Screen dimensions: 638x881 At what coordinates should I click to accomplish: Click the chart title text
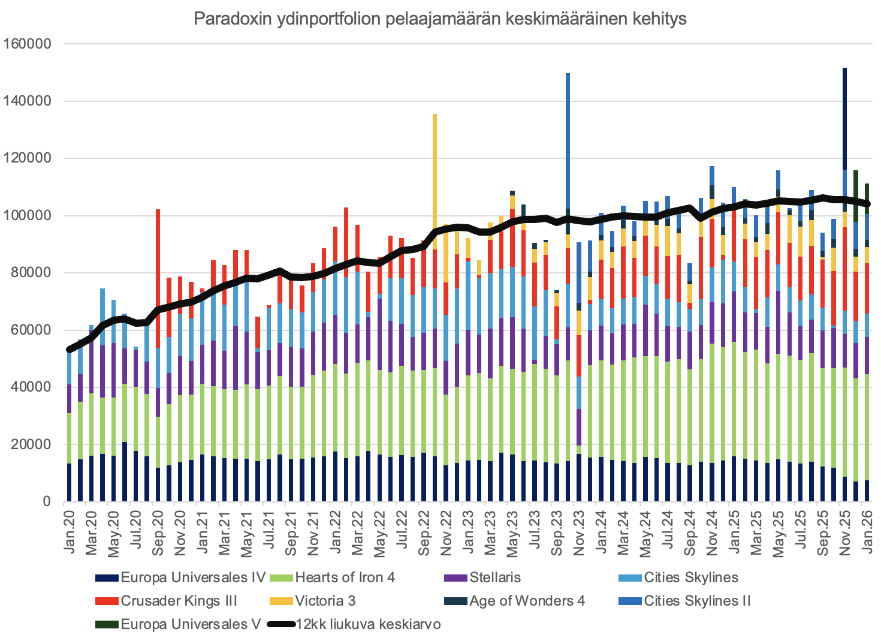(x=440, y=19)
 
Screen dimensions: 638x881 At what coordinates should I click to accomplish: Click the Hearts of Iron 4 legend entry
(x=345, y=577)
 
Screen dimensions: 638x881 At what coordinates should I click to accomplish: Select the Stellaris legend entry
(x=495, y=577)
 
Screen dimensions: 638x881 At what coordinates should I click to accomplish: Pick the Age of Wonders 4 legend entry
(x=527, y=601)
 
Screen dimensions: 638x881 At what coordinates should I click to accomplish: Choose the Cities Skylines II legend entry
(x=697, y=601)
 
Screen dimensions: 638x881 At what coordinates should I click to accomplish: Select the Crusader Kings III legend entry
(x=179, y=601)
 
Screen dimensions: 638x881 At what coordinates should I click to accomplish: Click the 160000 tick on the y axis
(x=28, y=44)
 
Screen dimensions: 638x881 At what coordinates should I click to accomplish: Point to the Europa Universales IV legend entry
(x=192, y=577)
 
